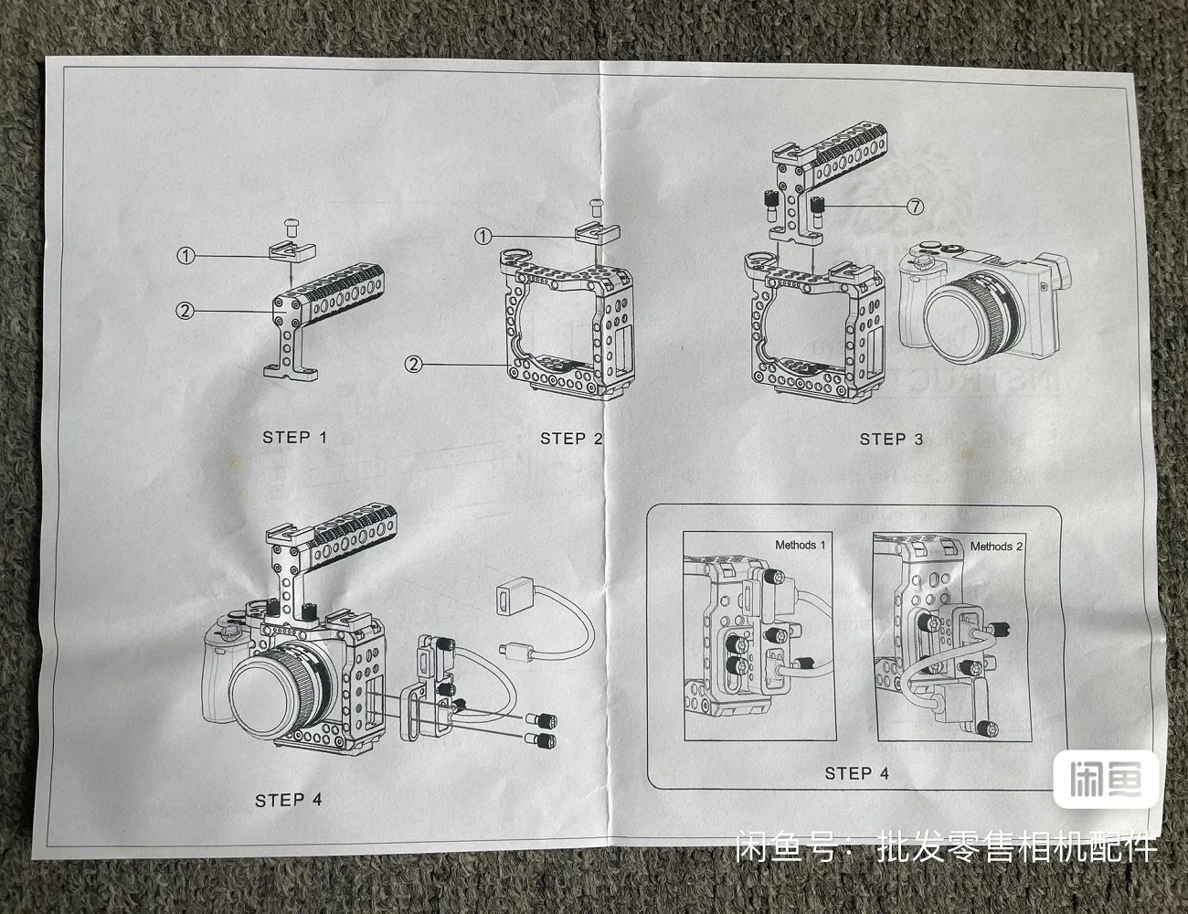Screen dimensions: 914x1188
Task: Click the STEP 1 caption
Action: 294,437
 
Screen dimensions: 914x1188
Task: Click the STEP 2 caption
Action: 571,439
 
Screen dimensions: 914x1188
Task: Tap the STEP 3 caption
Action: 891,440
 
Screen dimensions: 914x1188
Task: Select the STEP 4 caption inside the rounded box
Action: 856,773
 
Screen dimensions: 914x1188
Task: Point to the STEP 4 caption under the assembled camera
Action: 289,801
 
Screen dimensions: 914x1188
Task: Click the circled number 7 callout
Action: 915,207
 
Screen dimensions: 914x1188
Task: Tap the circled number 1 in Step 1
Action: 186,256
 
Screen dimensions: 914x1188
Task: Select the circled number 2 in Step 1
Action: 186,311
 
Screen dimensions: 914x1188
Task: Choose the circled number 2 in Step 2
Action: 414,364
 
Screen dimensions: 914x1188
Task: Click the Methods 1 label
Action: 800,546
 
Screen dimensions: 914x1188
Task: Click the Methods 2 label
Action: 996,547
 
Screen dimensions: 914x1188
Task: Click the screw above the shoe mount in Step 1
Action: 291,222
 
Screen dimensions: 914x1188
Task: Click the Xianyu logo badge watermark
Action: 1106,780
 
